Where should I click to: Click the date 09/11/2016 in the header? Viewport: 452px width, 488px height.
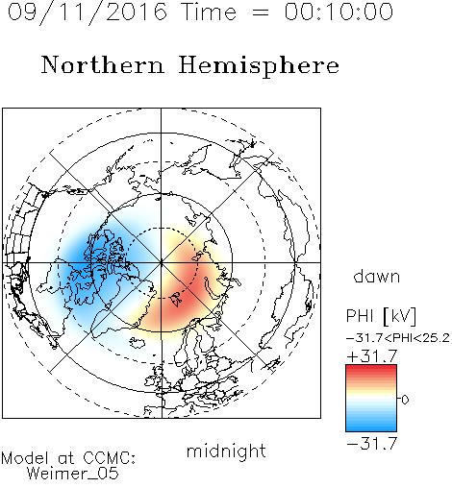(x=88, y=12)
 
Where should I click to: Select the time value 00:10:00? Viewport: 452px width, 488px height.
(x=339, y=12)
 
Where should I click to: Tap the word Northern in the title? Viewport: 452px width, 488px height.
(x=102, y=64)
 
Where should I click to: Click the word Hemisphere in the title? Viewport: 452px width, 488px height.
(x=259, y=66)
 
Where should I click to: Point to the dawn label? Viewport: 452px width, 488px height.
(x=377, y=277)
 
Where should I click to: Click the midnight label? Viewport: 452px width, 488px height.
(x=226, y=451)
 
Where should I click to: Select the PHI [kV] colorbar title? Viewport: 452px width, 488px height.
(x=382, y=316)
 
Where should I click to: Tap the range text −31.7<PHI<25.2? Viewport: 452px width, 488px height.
(x=398, y=338)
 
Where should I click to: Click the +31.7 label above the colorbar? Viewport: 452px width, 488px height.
(x=372, y=355)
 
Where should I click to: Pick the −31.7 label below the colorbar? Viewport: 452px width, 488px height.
(x=372, y=444)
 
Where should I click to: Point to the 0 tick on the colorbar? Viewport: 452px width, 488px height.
(x=405, y=400)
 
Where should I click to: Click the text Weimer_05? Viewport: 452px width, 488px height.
(x=73, y=473)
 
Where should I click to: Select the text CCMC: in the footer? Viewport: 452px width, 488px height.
(x=110, y=458)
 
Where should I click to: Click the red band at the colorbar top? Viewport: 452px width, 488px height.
(x=371, y=368)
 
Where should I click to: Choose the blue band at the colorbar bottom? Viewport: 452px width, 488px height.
(x=371, y=427)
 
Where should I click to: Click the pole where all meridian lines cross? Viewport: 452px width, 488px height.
(x=162, y=262)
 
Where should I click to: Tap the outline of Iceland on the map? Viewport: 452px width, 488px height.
(x=138, y=343)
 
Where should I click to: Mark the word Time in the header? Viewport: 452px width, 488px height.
(x=209, y=12)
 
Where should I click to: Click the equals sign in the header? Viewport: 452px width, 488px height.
(x=261, y=12)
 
